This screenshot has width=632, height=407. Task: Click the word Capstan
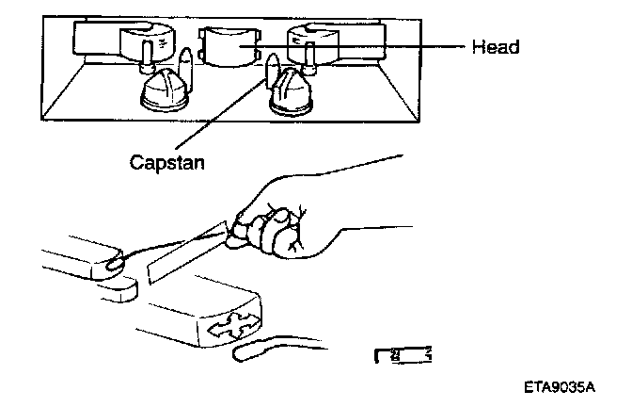[166, 160]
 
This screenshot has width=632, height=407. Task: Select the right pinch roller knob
[291, 93]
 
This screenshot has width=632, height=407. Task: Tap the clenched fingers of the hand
[276, 231]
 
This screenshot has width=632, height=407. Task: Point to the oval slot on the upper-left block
[118, 263]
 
